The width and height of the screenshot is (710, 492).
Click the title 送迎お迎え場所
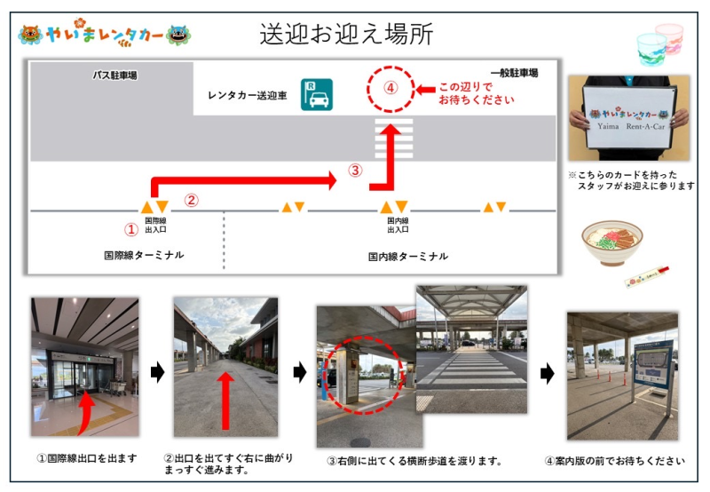pyautogui.click(x=346, y=34)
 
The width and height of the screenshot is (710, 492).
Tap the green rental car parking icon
pyautogui.click(x=317, y=95)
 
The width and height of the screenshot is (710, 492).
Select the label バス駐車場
pyautogui.click(x=114, y=75)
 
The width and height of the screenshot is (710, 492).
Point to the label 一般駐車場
pyautogui.click(x=515, y=73)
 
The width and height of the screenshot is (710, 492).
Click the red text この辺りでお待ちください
pyautogui.click(x=477, y=93)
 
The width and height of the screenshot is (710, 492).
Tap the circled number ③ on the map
pyautogui.click(x=356, y=171)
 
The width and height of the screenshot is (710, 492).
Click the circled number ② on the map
pyautogui.click(x=191, y=200)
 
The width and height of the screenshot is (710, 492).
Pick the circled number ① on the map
pyautogui.click(x=130, y=229)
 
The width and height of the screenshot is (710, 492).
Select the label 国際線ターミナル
pyautogui.click(x=144, y=255)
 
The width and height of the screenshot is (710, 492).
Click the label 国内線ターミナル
pyautogui.click(x=408, y=257)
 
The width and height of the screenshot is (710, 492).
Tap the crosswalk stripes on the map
pyautogui.click(x=393, y=139)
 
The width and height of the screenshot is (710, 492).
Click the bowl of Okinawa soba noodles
pyautogui.click(x=612, y=242)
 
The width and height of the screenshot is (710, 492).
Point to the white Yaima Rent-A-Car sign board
pyautogui.click(x=628, y=116)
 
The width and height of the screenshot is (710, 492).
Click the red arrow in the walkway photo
pyautogui.click(x=225, y=401)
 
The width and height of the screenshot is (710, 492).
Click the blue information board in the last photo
pyautogui.click(x=652, y=364)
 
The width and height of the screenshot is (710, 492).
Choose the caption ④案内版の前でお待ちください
pyautogui.click(x=614, y=461)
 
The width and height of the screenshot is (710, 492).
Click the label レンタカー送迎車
pyautogui.click(x=248, y=96)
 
